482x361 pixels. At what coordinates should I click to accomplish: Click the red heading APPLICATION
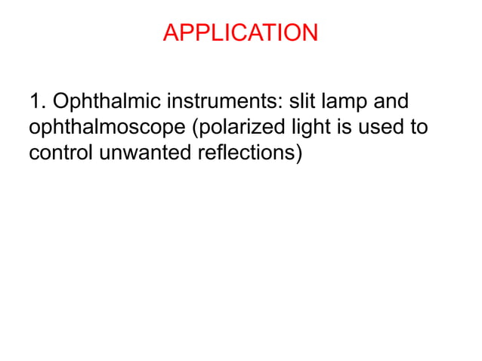[x=240, y=33]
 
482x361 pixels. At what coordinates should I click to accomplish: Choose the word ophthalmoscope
[x=107, y=128]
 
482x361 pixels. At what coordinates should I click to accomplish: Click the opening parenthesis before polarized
[x=198, y=128]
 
